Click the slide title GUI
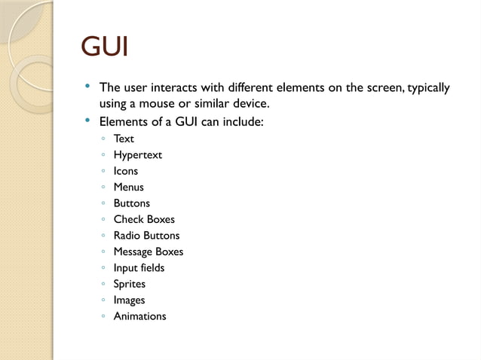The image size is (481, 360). coord(105,48)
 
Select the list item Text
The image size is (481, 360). coord(124,139)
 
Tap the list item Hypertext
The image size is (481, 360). coord(138,155)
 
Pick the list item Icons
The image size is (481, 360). coord(126,171)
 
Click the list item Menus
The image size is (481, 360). coord(129,187)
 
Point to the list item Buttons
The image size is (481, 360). coord(132,203)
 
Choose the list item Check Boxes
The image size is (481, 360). coord(144,219)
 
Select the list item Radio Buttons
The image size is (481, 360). coord(147,236)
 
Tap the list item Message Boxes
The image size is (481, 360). coord(149,252)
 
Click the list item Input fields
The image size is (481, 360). coord(139,267)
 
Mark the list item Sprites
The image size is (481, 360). coord(130,284)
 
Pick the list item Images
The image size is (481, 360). coord(130,300)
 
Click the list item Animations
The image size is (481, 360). coord(140,316)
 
